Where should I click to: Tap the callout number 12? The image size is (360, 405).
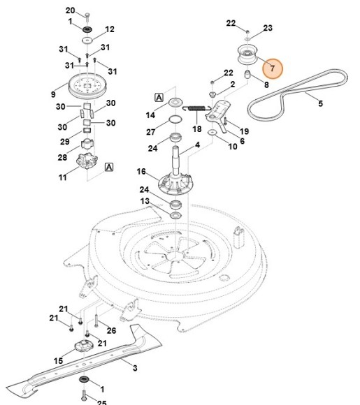[x=109, y=29]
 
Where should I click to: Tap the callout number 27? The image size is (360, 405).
[x=150, y=131]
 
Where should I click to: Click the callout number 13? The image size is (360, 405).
[x=145, y=202]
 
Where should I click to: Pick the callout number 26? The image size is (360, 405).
[x=110, y=330]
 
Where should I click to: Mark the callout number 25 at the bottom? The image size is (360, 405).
[x=101, y=402]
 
